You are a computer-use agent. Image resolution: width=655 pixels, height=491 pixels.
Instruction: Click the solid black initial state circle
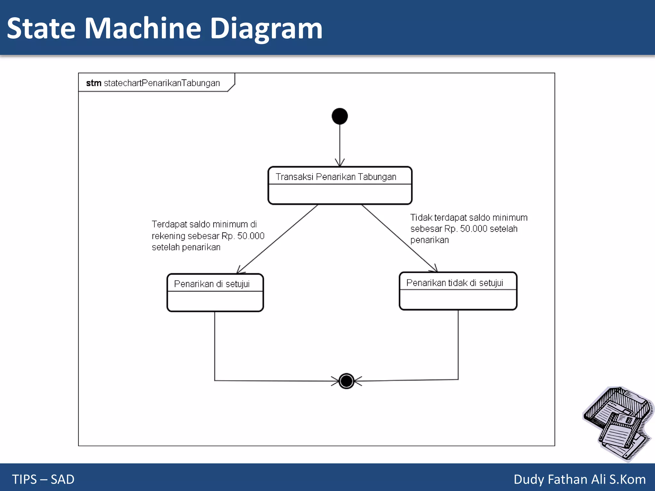click(x=340, y=116)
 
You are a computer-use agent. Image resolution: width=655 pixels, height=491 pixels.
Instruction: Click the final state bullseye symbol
click(x=346, y=381)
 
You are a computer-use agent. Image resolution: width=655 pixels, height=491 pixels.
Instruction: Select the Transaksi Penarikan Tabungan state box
click(x=340, y=185)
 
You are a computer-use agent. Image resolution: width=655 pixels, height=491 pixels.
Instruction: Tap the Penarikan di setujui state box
click(x=215, y=292)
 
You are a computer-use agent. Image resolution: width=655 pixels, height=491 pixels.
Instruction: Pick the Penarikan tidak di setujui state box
click(x=458, y=291)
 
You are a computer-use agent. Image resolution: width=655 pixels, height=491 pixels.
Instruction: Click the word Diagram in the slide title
click(x=266, y=29)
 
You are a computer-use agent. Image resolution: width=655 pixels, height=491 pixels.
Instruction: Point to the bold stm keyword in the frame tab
click(x=94, y=83)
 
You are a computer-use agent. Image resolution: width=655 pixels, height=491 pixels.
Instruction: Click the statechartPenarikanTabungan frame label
click(x=162, y=83)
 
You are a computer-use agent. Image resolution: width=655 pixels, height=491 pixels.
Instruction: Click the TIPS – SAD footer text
click(x=43, y=479)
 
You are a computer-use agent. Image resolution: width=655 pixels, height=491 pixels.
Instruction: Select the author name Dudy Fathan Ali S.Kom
click(x=580, y=479)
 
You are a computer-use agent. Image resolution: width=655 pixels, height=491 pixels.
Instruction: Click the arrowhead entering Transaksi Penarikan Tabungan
click(x=340, y=163)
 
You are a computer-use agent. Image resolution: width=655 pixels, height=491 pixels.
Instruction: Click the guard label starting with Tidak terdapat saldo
click(x=469, y=229)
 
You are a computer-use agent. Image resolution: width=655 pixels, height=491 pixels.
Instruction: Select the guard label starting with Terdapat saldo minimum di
click(x=208, y=236)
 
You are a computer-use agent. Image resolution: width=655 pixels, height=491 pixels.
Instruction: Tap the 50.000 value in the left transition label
click(x=251, y=236)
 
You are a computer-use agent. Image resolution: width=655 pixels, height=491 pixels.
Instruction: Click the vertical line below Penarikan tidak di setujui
click(x=458, y=345)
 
